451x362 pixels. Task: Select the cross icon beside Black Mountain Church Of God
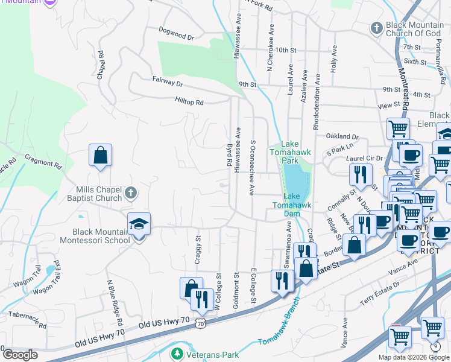(x=376, y=28)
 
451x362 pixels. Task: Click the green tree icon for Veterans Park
(x=177, y=352)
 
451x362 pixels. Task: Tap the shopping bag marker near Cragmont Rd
(x=100, y=155)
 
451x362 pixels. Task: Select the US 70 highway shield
(x=200, y=324)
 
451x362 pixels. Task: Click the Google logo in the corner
(x=19, y=355)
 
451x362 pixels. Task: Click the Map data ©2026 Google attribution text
(x=413, y=357)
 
